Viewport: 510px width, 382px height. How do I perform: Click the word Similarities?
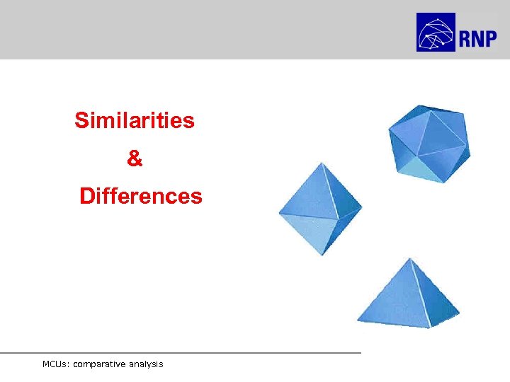135,121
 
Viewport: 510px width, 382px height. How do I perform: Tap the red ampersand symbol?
135,159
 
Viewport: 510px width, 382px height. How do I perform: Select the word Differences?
141,196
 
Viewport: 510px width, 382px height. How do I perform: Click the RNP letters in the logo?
477,38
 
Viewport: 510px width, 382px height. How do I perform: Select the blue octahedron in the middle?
319,209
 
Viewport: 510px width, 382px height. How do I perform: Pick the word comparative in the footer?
98,364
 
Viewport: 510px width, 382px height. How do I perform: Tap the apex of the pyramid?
409,259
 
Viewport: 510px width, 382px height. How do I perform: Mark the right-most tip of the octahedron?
361,208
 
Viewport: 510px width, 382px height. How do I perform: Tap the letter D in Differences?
86,196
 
